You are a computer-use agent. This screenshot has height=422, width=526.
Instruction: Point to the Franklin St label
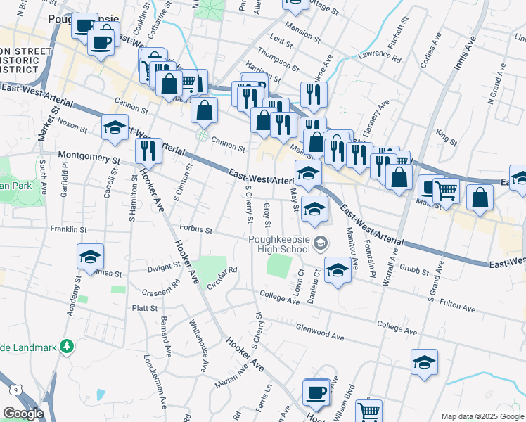[x=68, y=229]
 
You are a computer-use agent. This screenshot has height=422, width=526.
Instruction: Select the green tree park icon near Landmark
[x=67, y=346]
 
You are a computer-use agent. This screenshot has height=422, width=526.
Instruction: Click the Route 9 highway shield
[x=15, y=389]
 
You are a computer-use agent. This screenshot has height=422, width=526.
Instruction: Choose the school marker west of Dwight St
[x=91, y=256]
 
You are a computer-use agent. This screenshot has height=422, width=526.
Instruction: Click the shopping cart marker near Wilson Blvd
[x=368, y=410]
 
